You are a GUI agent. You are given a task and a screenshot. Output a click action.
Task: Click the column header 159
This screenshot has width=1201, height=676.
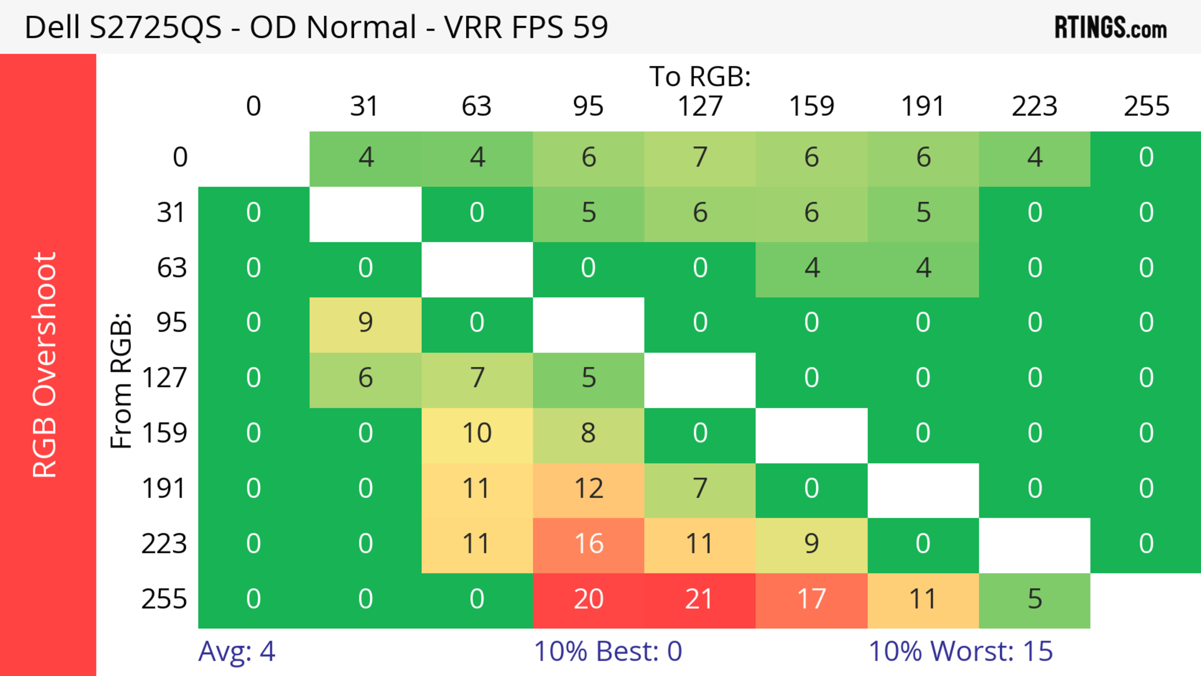811,106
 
